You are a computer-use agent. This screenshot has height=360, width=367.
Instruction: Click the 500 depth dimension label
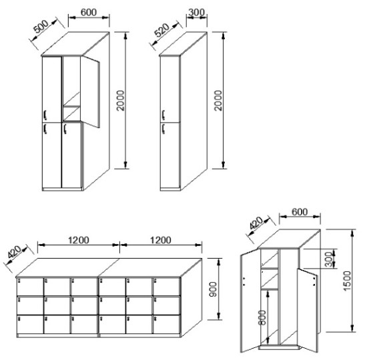tap(41, 27)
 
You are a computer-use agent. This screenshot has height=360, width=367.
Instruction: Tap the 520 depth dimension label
tap(162, 30)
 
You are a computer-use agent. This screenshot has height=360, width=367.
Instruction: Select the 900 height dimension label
tap(213, 289)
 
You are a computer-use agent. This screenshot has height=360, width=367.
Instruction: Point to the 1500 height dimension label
tap(347, 281)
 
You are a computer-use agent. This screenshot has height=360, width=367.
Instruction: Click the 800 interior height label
tap(262, 317)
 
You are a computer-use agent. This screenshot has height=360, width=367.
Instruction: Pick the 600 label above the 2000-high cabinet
tap(89, 13)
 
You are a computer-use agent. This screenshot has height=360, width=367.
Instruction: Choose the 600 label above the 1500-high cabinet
tap(300, 212)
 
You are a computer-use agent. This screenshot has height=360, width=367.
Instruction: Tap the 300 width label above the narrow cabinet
tap(196, 12)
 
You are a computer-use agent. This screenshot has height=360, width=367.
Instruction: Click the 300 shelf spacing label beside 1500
tap(329, 259)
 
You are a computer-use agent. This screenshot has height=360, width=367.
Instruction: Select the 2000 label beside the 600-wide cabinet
tap(121, 101)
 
